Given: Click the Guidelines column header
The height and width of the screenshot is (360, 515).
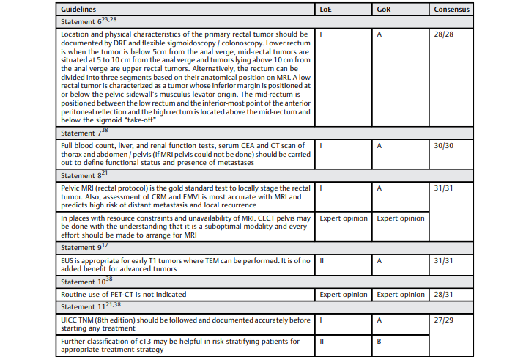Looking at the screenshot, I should [82, 10].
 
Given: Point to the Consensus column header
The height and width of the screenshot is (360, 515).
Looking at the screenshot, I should [452, 10].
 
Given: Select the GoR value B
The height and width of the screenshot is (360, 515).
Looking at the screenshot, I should [379, 342].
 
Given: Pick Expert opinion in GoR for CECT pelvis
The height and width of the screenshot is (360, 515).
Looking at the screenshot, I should [400, 218].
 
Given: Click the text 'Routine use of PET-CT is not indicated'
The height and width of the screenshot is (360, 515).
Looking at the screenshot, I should [123, 294].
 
